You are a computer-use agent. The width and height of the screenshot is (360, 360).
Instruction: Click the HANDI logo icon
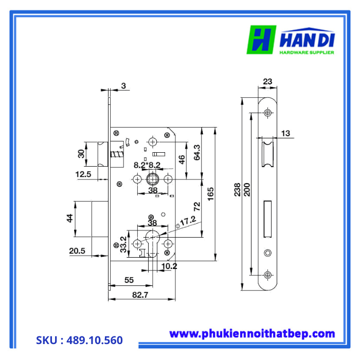coord(262,40)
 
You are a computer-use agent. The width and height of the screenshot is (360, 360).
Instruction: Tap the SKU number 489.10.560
coord(80,340)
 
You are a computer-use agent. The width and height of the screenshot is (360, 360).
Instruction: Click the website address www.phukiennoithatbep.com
coord(252,334)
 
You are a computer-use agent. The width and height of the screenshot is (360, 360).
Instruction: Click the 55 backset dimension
coord(129,281)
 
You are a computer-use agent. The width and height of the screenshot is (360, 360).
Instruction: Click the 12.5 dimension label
coord(83,174)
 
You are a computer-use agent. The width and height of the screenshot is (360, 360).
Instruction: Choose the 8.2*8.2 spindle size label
coord(147,165)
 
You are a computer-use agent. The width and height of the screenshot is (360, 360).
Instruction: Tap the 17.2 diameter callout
coord(188,220)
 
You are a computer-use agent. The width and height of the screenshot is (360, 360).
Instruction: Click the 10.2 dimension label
coord(169,266)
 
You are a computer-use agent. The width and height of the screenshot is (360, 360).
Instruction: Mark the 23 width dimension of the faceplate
coord(267,81)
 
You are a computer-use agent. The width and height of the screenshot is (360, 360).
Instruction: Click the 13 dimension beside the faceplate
coord(285,134)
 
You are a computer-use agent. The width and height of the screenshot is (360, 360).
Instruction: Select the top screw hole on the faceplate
coord(267,113)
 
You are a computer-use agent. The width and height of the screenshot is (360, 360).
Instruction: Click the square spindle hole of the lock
coord(153,179)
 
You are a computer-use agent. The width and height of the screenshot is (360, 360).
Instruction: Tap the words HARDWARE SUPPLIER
coord(307,52)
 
